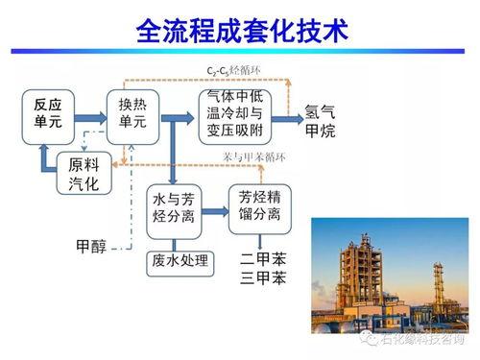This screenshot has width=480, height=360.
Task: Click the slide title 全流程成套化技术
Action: pyautogui.click(x=240, y=33)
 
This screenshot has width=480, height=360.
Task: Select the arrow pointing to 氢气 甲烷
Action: pyautogui.click(x=287, y=118)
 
